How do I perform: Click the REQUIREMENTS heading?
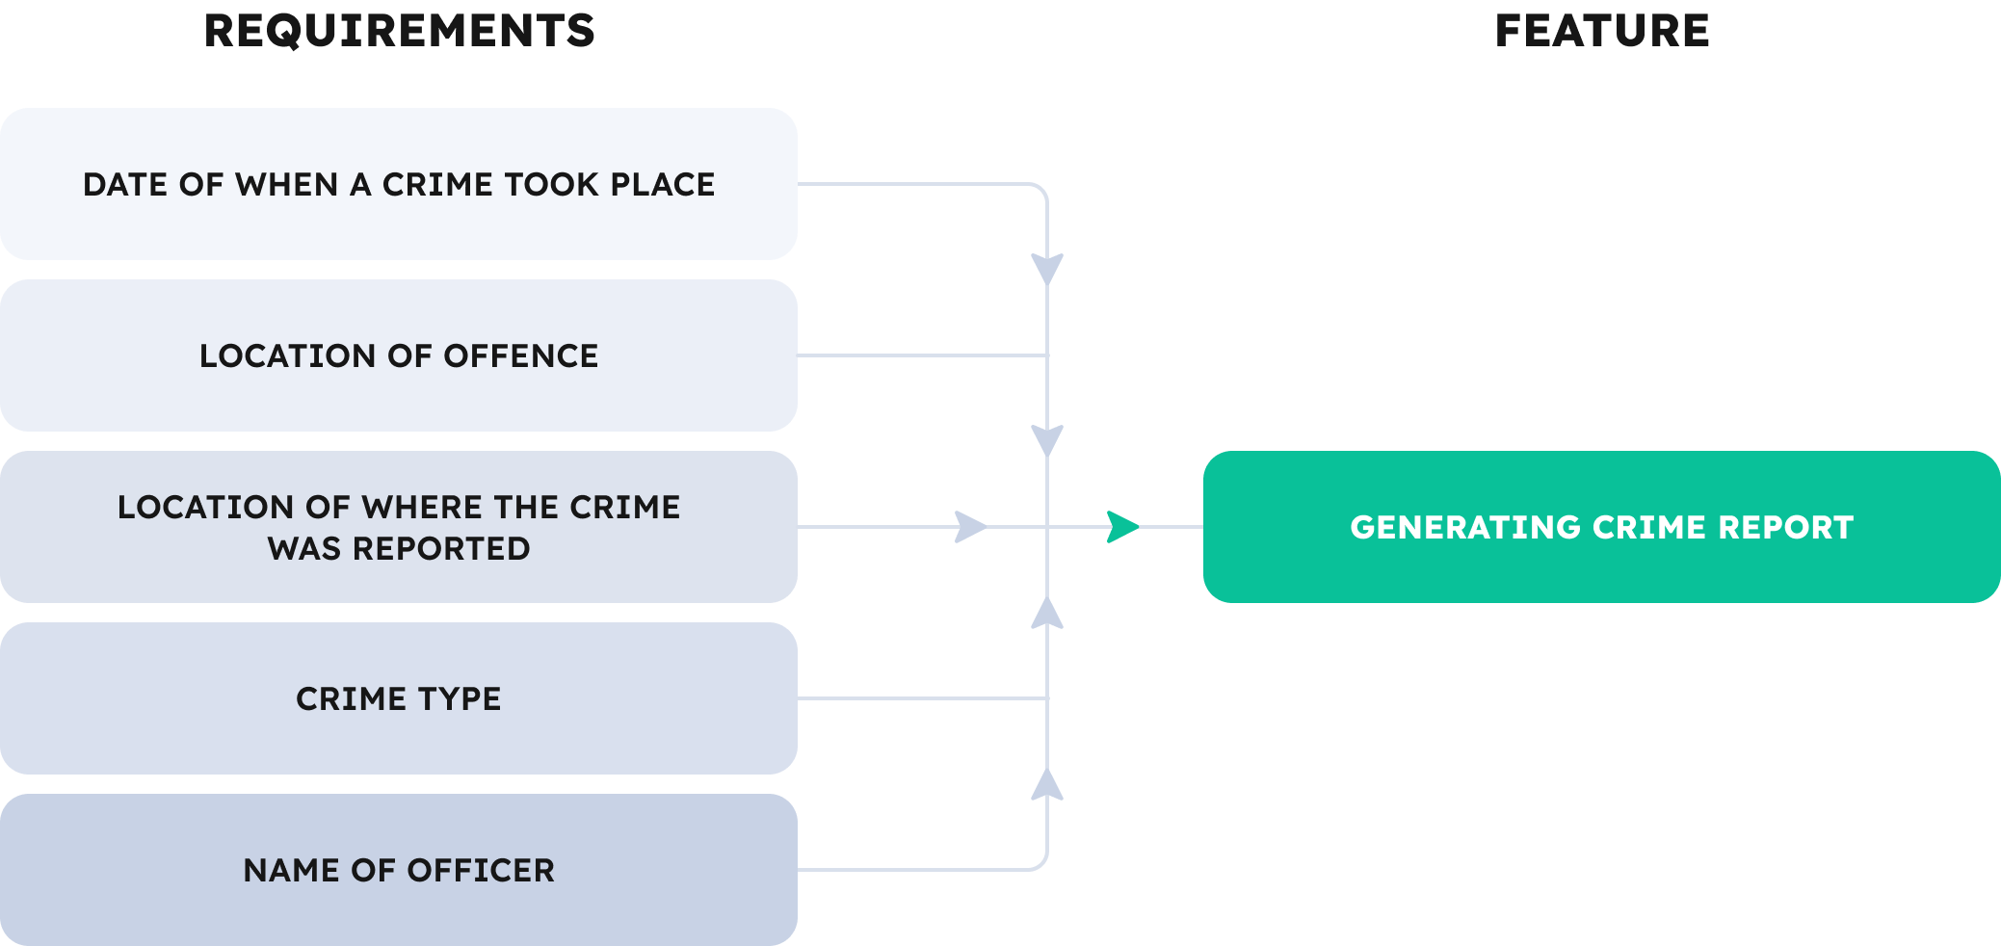tap(400, 31)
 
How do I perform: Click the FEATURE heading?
tap(1602, 31)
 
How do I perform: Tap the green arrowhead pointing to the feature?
tap(1122, 527)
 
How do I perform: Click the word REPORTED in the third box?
tap(441, 548)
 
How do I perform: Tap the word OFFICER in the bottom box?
tap(481, 870)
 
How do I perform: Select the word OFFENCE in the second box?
tap(520, 355)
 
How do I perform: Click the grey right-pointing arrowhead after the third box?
tap(970, 527)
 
